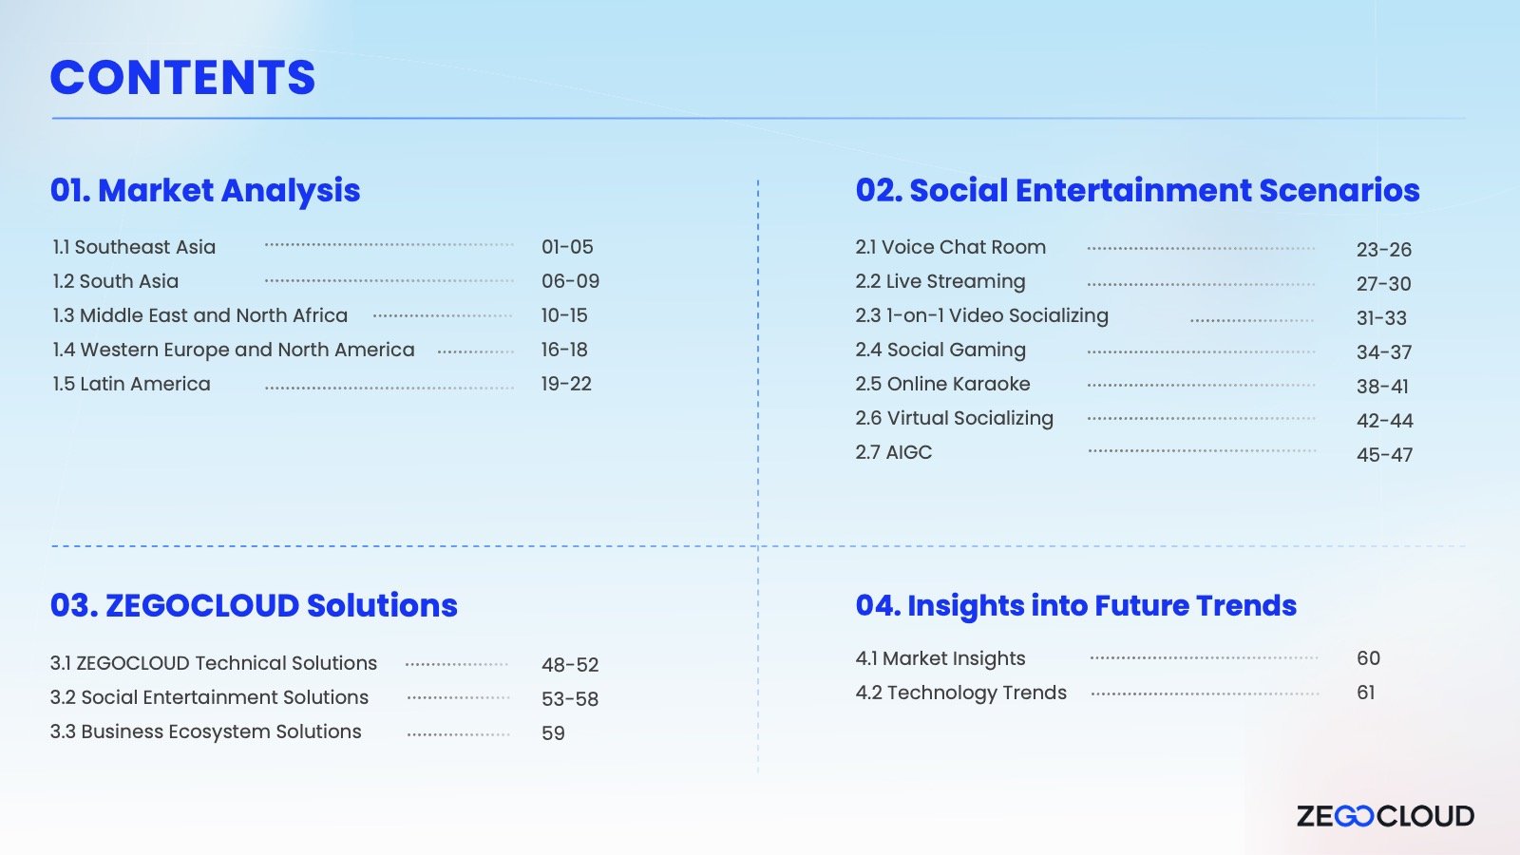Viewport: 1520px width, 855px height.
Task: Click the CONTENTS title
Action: [x=182, y=77]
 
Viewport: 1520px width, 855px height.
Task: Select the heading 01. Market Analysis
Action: [x=205, y=190]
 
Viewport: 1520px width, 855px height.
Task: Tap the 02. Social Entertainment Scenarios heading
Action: [x=1137, y=190]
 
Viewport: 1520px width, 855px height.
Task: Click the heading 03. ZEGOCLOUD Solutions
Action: [x=254, y=605]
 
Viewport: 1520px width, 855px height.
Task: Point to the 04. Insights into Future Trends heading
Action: [x=1075, y=605]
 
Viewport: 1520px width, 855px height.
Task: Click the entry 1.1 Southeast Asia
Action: [x=134, y=247]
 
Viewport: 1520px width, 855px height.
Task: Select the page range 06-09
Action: [x=570, y=281]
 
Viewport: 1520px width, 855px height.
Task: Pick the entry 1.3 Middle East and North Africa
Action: [x=200, y=315]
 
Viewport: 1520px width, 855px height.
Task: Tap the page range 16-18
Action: [x=564, y=350]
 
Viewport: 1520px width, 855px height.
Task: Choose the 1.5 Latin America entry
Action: [x=132, y=384]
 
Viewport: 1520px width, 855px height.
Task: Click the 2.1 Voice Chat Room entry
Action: [x=950, y=247]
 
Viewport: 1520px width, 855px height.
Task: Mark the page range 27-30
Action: [x=1383, y=284]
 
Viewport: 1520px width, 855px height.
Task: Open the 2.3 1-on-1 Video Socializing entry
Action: [x=981, y=315]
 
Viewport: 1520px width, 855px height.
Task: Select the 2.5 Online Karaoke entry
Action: [x=942, y=384]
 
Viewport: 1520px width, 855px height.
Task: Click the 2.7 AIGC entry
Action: [x=894, y=452]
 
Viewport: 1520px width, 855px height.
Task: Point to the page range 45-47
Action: [x=1384, y=455]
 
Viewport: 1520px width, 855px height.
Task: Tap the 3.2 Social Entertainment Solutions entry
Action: [x=209, y=697]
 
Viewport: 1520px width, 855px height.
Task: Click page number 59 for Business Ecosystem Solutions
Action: [x=553, y=732]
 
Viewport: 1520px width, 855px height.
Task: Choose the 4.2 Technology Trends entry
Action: [x=960, y=693]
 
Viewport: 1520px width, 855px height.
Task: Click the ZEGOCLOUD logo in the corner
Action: [x=1385, y=816]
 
